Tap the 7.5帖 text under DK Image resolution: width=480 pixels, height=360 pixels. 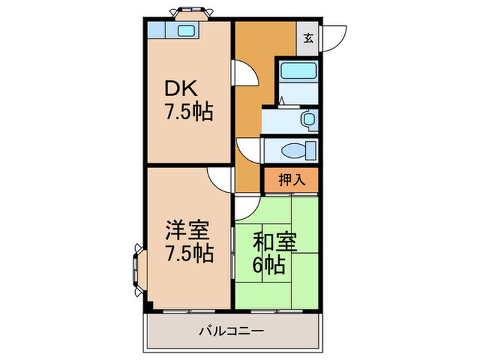187,111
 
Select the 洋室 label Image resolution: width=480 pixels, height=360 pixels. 187,229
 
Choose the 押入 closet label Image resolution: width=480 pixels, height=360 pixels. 292,180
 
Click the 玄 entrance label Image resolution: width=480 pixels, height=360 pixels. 308,37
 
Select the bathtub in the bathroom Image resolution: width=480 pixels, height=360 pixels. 298,71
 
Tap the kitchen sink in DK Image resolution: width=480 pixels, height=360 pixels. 187,29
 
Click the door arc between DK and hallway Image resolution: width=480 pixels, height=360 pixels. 244,73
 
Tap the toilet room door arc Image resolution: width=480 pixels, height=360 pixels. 248,149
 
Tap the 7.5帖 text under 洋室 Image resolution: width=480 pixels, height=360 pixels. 187,253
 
